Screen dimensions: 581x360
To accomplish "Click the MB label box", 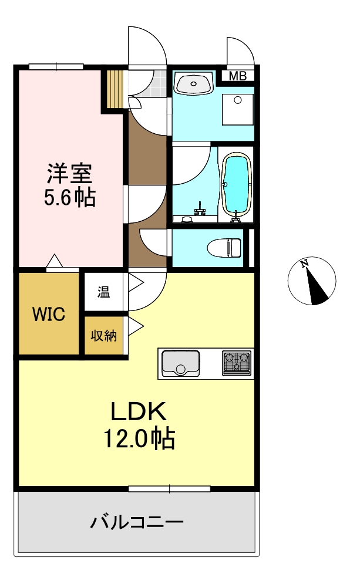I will click(237, 75).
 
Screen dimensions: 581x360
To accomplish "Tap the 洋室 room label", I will click(70, 174).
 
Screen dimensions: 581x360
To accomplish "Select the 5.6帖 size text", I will click(70, 198).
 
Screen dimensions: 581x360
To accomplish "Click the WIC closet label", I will click(48, 314).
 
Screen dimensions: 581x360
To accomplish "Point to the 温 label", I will click(103, 292).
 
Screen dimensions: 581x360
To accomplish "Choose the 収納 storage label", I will click(103, 336).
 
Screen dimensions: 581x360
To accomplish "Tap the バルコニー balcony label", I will click(137, 521).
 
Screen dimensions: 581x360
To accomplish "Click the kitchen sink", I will click(180, 363).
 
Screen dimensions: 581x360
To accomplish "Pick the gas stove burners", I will click(236, 363).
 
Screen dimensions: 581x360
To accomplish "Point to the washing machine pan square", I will click(238, 110).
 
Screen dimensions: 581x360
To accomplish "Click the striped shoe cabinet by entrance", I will click(115, 89).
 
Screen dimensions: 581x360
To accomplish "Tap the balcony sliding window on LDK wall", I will click(169, 488).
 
